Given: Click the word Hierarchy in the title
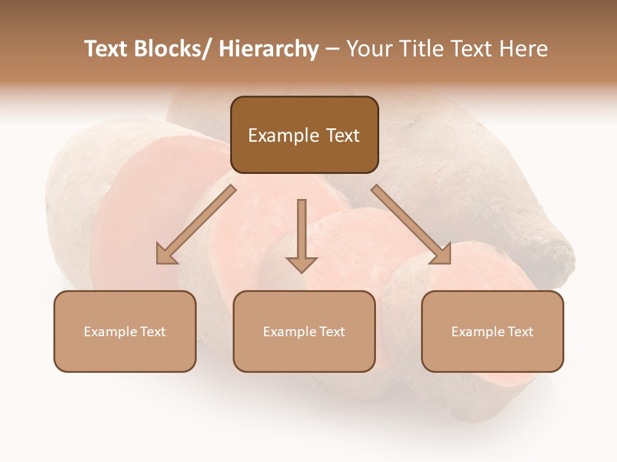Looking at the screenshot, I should coord(269,49).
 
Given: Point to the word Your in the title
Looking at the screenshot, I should coord(368,49).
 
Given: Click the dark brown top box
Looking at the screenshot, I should coord(304,135).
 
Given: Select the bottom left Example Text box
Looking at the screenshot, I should coord(125,331).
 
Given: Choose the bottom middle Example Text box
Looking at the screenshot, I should coord(304,331).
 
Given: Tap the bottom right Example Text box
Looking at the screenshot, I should coord(492,331).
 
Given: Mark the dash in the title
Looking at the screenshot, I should coord(332,49).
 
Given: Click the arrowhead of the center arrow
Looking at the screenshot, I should coord(301,264).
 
